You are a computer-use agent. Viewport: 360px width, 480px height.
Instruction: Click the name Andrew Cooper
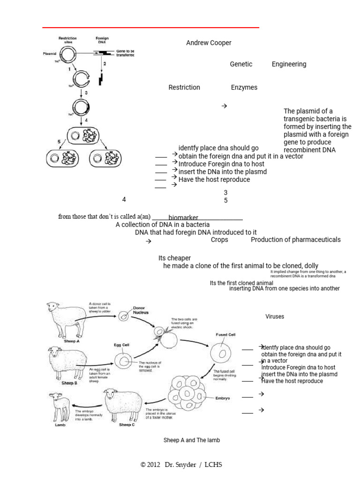tap(209, 43)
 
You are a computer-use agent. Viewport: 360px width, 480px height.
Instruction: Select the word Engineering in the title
tap(289, 64)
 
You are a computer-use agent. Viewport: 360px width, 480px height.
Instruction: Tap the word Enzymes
tap(244, 87)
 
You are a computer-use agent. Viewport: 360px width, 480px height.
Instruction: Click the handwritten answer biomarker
tap(183, 218)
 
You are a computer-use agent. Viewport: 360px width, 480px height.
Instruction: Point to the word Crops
tap(219, 240)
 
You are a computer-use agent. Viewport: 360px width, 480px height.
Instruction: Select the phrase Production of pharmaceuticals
tap(295, 240)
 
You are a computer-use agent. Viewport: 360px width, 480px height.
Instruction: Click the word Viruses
tap(275, 316)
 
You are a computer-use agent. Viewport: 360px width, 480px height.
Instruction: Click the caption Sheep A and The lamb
tap(191, 440)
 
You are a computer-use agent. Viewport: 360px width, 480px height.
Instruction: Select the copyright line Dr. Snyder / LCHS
tap(181, 465)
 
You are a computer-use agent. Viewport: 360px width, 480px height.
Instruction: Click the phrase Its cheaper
tap(174, 258)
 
